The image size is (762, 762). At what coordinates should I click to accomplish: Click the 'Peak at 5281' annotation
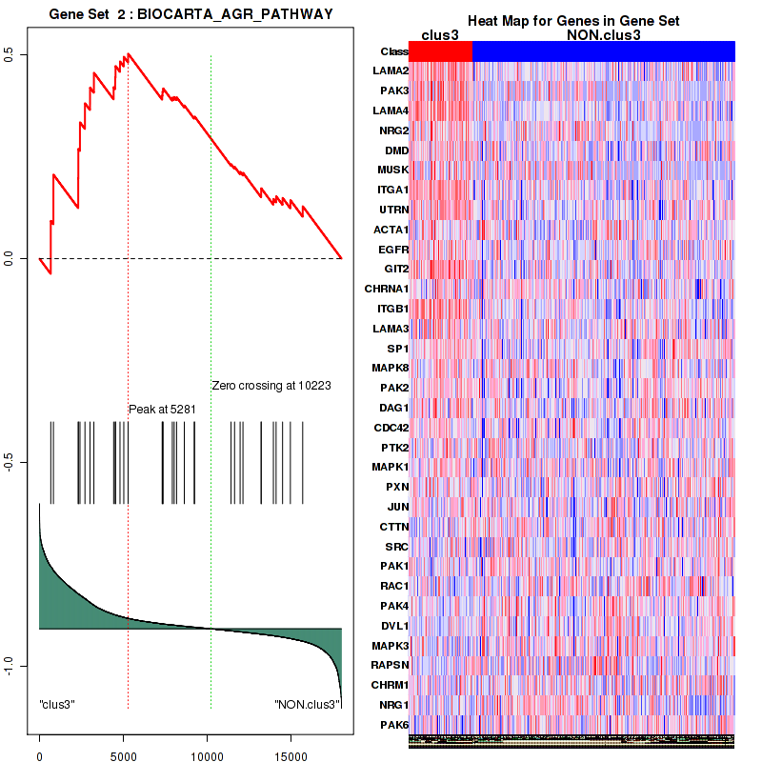[x=163, y=409]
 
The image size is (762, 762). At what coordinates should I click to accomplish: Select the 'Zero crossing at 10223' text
[x=271, y=386]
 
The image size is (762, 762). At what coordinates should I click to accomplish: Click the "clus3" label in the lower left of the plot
[x=57, y=704]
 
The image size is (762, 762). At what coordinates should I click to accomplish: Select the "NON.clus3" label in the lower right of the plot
[x=307, y=704]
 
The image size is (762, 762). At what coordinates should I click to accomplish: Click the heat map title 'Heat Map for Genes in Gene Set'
[x=572, y=21]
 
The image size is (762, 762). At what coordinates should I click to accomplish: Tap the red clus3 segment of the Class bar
[x=440, y=51]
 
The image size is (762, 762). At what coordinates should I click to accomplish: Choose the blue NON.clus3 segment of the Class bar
[x=603, y=51]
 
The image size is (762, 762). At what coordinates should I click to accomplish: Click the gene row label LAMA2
[x=391, y=71]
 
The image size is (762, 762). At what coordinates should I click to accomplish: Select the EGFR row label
[x=393, y=249]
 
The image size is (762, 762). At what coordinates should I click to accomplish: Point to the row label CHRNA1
[x=387, y=289]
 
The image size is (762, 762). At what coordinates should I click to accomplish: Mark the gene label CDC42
[x=391, y=427]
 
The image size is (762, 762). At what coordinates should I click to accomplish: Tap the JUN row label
[x=398, y=506]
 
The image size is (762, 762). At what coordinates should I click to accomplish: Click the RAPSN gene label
[x=391, y=665]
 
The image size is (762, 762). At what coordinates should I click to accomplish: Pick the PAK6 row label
[x=394, y=725]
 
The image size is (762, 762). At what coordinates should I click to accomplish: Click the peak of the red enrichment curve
[x=129, y=54]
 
